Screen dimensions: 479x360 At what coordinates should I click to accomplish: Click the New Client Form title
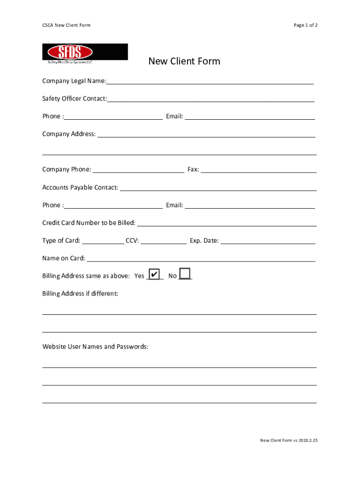(184, 61)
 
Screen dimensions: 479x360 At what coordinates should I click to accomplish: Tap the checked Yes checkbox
(154, 274)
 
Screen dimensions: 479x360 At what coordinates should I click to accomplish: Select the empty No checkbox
(185, 274)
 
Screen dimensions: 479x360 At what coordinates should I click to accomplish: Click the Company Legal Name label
(74, 81)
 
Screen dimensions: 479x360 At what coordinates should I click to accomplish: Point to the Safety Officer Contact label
(74, 99)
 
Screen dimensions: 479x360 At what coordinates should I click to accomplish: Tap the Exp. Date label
(204, 241)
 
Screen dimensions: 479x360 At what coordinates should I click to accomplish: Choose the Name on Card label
(64, 258)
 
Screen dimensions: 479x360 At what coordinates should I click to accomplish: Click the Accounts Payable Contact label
(80, 188)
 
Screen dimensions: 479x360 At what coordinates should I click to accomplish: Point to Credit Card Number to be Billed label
(89, 223)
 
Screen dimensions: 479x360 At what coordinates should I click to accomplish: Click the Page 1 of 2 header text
(305, 25)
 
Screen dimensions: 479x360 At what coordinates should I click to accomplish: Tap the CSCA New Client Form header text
(66, 25)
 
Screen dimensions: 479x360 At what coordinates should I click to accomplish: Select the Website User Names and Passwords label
(95, 347)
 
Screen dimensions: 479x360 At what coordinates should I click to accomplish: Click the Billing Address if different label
(80, 294)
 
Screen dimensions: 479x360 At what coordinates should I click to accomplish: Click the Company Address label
(69, 134)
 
